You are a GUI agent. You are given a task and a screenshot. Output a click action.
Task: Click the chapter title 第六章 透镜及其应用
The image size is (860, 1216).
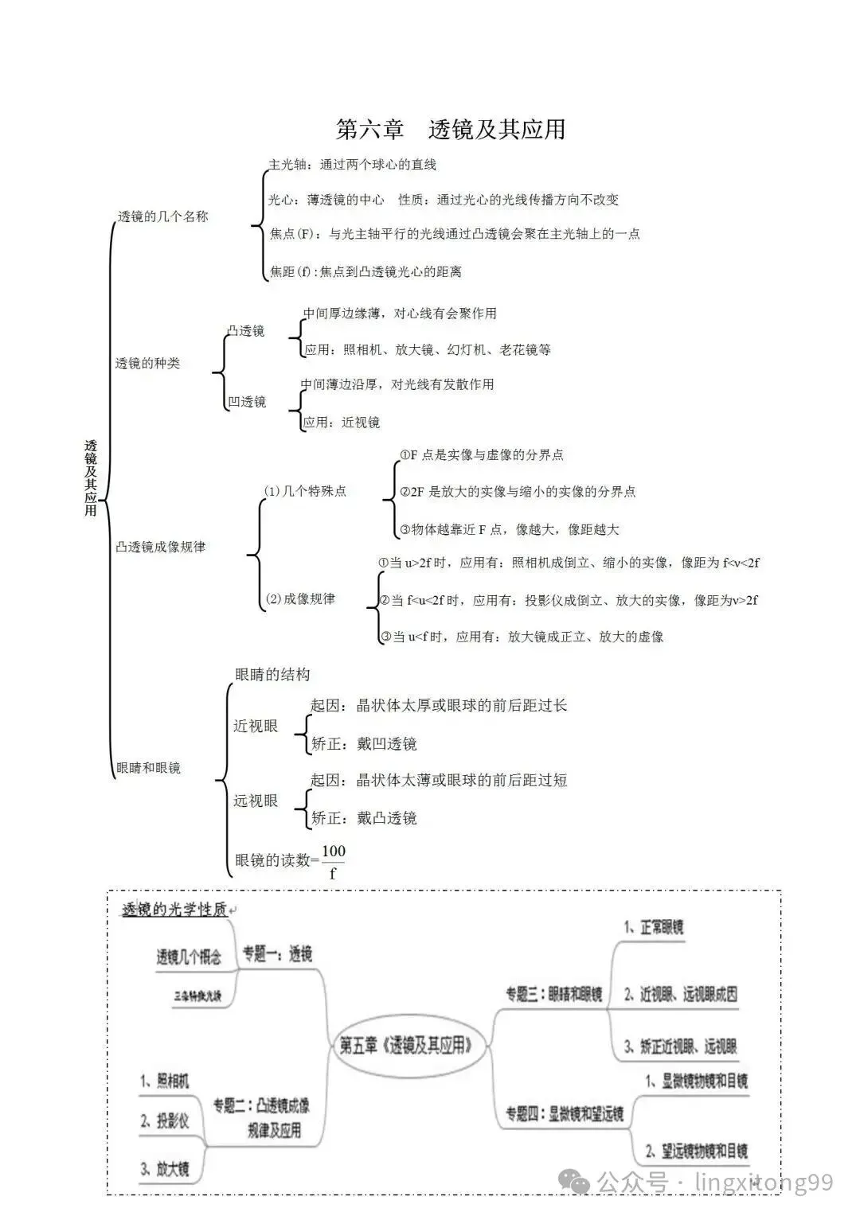(x=450, y=129)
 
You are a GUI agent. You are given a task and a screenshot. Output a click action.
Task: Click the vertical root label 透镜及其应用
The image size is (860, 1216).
(x=91, y=477)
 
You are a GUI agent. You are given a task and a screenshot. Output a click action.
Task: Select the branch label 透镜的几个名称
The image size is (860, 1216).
(x=162, y=216)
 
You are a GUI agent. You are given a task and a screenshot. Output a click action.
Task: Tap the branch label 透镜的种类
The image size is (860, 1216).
(x=147, y=364)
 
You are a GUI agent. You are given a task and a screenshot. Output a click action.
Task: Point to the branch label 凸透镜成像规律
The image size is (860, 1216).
(x=160, y=547)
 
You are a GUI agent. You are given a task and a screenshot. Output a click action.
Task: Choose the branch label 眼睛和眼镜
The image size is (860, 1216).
(x=148, y=767)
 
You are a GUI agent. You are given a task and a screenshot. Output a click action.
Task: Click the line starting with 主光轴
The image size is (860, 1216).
(x=352, y=165)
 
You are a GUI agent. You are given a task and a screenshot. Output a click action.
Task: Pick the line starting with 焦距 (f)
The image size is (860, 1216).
(x=365, y=271)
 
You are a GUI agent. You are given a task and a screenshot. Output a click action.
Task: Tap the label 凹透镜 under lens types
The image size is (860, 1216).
(x=247, y=402)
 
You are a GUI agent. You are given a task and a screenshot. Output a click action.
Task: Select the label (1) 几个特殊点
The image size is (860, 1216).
(x=305, y=491)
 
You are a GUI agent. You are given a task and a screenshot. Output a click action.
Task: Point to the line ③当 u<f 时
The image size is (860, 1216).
(x=522, y=637)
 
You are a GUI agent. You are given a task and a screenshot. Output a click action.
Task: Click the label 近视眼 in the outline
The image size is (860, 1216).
(x=256, y=726)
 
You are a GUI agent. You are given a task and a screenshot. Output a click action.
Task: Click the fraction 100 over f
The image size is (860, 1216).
(x=333, y=861)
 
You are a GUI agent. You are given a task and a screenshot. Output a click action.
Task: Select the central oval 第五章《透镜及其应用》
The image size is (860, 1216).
(x=405, y=1045)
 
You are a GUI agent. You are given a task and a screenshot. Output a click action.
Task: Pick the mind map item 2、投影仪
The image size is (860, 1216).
(x=166, y=1121)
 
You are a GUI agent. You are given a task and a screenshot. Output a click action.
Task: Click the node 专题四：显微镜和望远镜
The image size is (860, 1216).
(x=565, y=1114)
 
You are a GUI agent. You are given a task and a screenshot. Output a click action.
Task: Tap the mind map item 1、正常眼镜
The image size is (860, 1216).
(x=654, y=927)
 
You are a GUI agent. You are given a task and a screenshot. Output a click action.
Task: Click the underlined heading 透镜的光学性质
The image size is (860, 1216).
(x=174, y=909)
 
